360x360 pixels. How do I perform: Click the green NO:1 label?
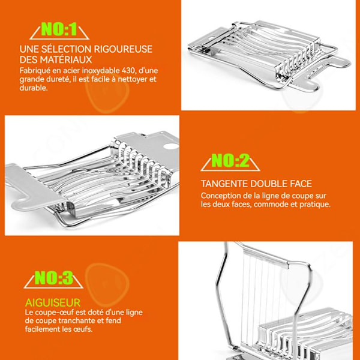pos(59,29)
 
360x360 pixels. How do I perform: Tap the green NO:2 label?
pos(230,160)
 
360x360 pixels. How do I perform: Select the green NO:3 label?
pos(54,278)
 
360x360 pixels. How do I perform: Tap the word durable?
pos(34,88)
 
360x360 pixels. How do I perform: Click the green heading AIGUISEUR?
pos(53,302)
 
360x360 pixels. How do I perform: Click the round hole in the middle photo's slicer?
pos(171,146)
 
